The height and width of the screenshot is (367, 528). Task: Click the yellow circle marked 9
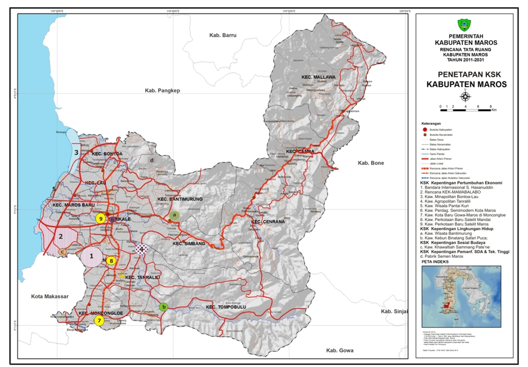tap(100, 219)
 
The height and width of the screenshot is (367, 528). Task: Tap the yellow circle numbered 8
tap(111, 261)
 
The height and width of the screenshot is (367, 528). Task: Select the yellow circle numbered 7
tap(99, 321)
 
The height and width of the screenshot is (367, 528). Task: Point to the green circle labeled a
tap(174, 214)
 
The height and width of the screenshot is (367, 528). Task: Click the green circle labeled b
tap(163, 307)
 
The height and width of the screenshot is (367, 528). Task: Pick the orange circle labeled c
tap(63, 252)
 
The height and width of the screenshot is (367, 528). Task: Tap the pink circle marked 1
tap(91, 257)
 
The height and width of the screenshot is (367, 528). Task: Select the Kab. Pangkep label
tap(162, 91)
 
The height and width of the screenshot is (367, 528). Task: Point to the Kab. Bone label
tap(370, 163)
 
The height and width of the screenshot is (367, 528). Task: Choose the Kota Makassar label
tap(50, 296)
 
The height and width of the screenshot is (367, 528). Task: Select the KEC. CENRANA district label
tap(267, 221)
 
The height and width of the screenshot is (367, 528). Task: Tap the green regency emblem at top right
tap(465, 25)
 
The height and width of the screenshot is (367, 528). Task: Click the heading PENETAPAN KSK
tap(465, 74)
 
